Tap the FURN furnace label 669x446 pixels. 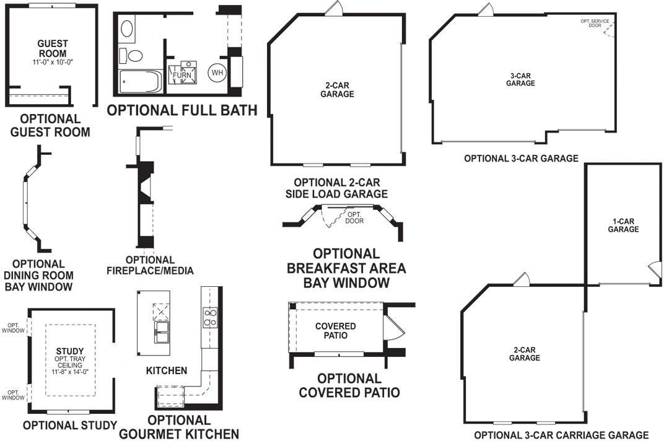[x=182, y=76]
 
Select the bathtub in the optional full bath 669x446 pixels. [x=141, y=81]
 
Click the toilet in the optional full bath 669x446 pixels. [x=132, y=55]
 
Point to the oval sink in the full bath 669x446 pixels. [x=126, y=28]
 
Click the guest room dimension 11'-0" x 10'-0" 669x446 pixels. [x=53, y=63]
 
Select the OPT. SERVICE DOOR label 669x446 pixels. [x=594, y=24]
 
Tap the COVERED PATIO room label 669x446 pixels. [x=335, y=331]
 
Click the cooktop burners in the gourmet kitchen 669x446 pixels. [x=210, y=317]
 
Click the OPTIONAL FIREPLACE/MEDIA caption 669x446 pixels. [x=151, y=265]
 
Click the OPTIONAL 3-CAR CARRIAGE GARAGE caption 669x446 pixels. [x=561, y=435]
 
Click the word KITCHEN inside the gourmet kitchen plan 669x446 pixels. [x=166, y=370]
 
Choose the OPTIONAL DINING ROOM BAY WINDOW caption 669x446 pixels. [x=38, y=275]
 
